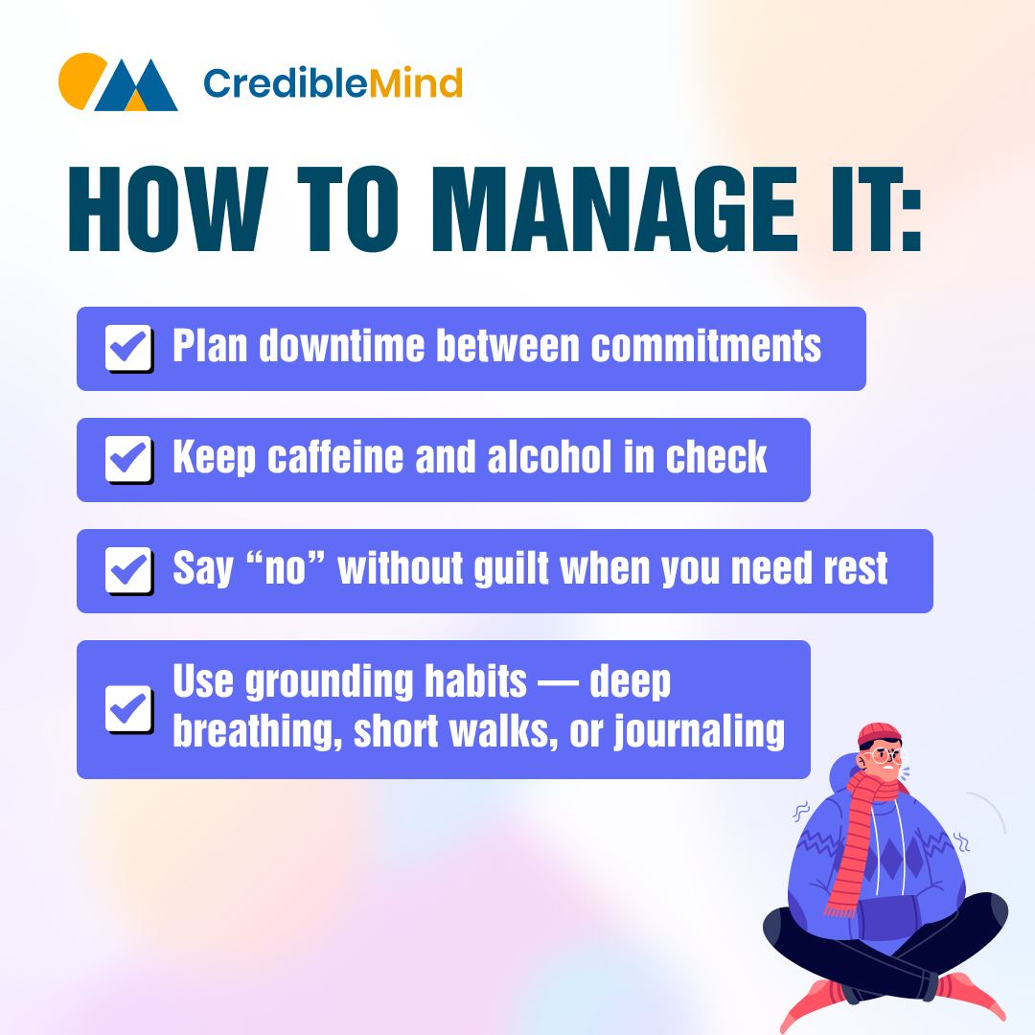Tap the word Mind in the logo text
coord(415,83)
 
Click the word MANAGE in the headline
coord(614,209)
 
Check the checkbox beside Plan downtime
coord(128,347)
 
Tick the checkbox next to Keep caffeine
coord(128,459)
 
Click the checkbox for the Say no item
coord(128,569)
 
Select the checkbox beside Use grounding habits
coord(128,709)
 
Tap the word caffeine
coord(334,457)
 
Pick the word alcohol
coord(549,457)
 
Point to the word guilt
coord(511,569)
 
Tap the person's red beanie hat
coord(879,735)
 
